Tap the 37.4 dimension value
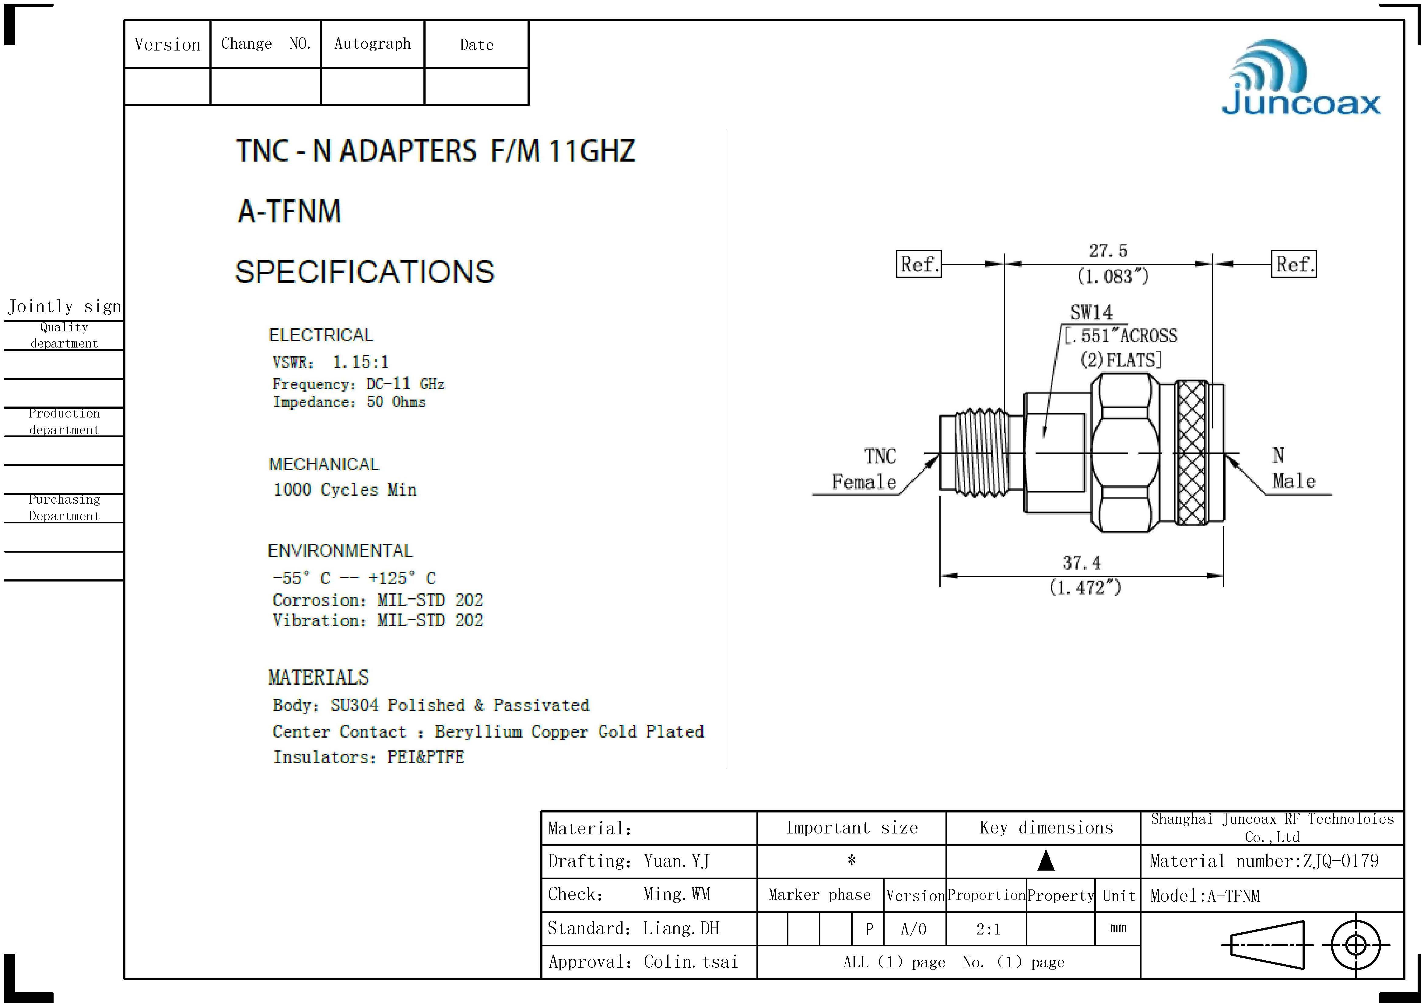1081,563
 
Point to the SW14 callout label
1091,313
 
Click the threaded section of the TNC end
980,452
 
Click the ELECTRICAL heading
321,335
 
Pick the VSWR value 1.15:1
360,362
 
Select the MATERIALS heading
318,677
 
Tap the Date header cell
476,45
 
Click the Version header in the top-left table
167,45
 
